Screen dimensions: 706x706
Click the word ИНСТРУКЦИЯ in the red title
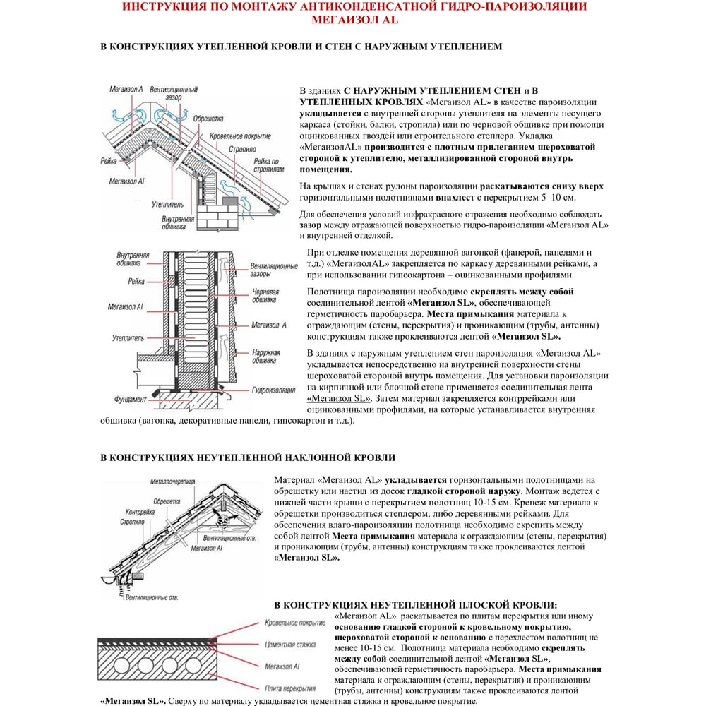[164, 7]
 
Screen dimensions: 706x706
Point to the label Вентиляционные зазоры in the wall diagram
[274, 270]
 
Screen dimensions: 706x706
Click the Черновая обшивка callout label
[265, 295]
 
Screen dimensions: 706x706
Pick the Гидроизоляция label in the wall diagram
[273, 389]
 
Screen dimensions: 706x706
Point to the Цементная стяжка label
[289, 645]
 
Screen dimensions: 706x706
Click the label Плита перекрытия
[290, 687]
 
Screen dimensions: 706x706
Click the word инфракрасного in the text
[456, 214]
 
